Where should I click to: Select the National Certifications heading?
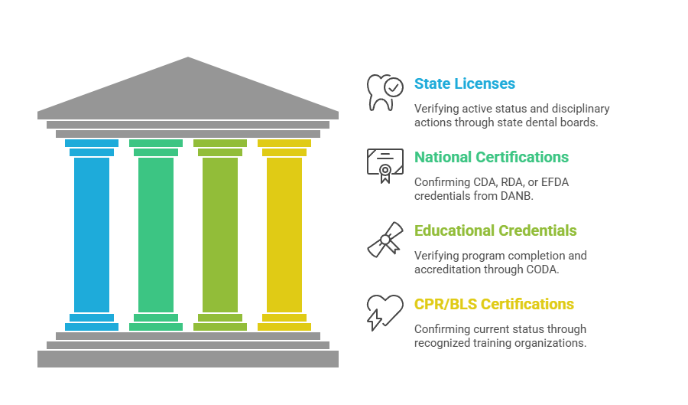pyautogui.click(x=491, y=157)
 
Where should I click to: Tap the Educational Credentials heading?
pyautogui.click(x=495, y=230)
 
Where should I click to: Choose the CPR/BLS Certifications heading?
pyautogui.click(x=494, y=304)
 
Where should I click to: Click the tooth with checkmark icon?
pyautogui.click(x=385, y=92)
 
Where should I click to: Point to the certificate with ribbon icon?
pyautogui.click(x=385, y=165)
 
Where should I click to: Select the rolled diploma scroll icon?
pyautogui.click(x=385, y=239)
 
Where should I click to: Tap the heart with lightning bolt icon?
pyautogui.click(x=385, y=312)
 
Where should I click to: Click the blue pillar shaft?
pyautogui.click(x=92, y=234)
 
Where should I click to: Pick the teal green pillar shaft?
pyautogui.click(x=156, y=234)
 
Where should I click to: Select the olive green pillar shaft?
pyautogui.click(x=220, y=234)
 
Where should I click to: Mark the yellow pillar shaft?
pyautogui.click(x=284, y=234)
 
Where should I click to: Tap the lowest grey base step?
pyautogui.click(x=188, y=358)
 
